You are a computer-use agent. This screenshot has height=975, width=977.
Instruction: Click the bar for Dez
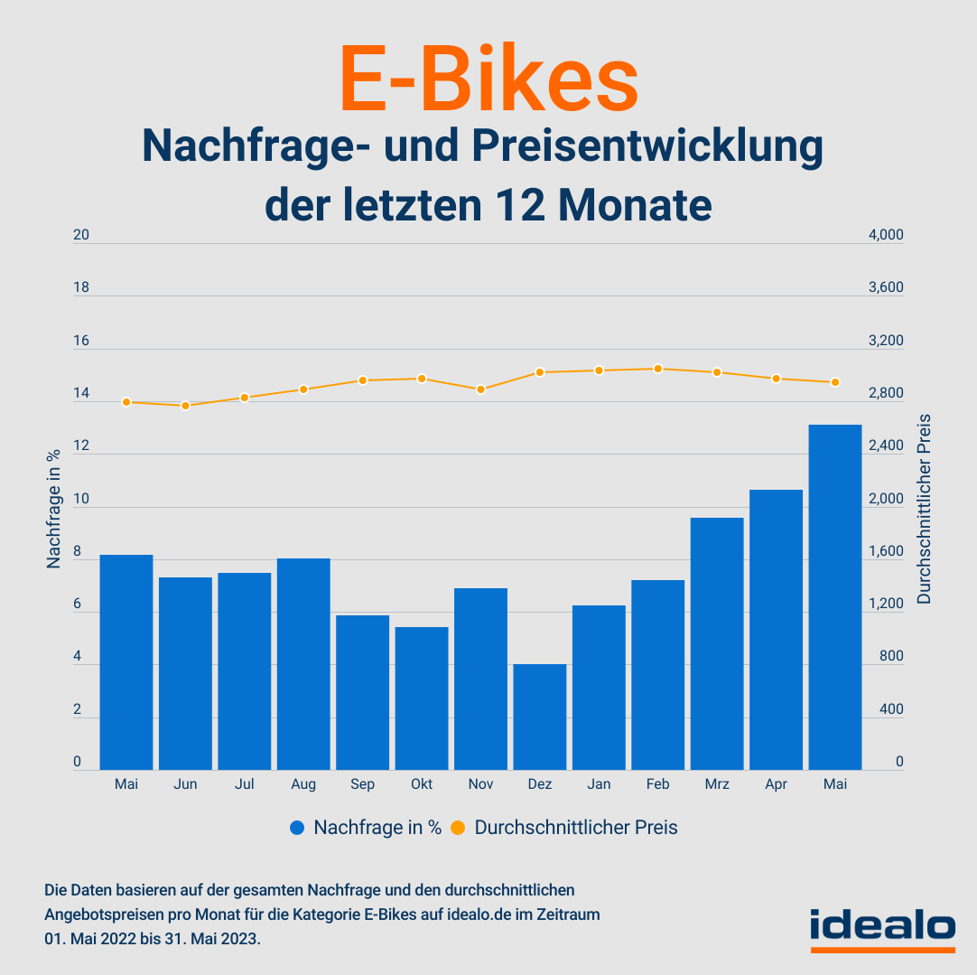[x=540, y=717]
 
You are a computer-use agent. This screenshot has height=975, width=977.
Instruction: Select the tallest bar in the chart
[x=835, y=596]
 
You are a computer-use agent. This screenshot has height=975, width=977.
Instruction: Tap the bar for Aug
[x=303, y=664]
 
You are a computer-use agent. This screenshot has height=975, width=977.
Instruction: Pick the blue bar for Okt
[x=422, y=698]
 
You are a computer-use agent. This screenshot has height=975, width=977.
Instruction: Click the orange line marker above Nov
[x=481, y=389]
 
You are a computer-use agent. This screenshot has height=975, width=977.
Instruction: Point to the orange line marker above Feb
[x=658, y=369]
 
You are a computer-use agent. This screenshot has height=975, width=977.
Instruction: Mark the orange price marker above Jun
[x=186, y=406]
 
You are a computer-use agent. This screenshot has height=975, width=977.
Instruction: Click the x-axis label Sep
[x=363, y=784]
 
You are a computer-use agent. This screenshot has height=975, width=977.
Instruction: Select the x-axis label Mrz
[x=717, y=784]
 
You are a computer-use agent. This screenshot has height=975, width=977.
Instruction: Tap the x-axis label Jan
[x=599, y=784]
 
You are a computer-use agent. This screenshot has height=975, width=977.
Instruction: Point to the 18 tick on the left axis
[x=81, y=288]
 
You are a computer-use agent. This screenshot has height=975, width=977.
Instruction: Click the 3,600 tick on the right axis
[x=885, y=288]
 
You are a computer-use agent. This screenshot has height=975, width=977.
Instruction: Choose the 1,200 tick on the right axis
[x=885, y=605]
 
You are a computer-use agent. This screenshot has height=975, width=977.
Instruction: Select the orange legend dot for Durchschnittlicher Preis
[x=458, y=828]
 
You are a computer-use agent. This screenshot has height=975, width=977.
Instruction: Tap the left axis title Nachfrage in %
[x=54, y=508]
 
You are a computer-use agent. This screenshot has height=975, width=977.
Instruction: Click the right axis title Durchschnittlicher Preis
[x=924, y=508]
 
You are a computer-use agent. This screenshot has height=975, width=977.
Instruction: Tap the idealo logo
[x=882, y=928]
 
